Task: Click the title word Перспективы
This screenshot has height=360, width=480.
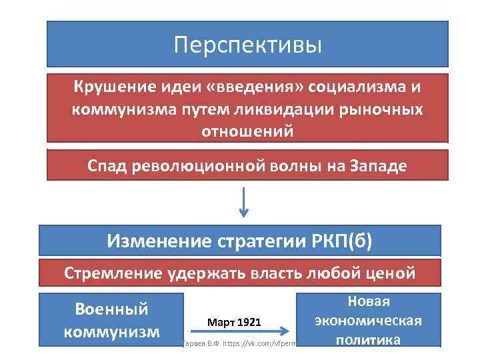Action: tap(247, 45)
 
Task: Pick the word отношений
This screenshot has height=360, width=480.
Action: tap(247, 131)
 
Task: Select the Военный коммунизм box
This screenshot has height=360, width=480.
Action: tap(111, 320)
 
